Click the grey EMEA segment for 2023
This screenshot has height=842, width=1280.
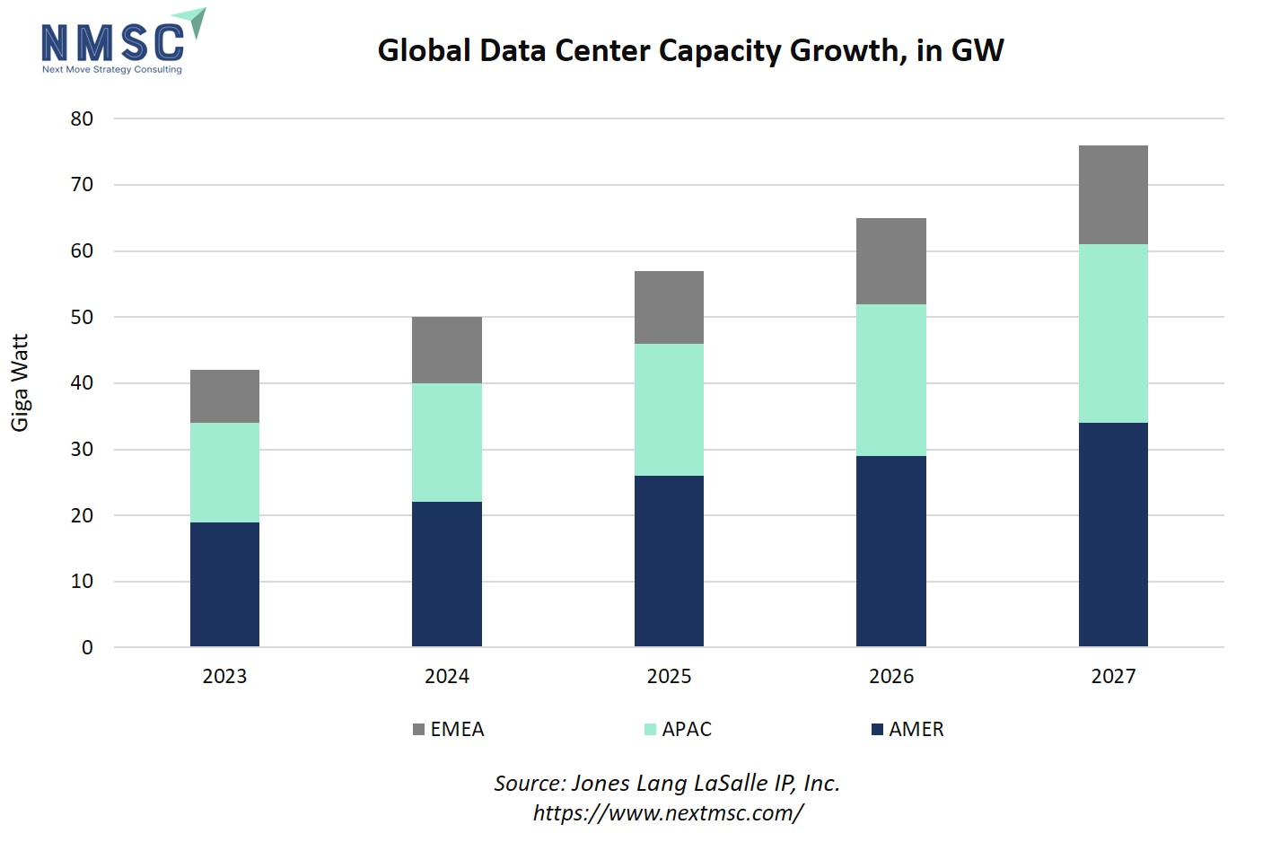click(x=224, y=396)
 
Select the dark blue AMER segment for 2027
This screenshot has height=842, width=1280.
click(x=1113, y=534)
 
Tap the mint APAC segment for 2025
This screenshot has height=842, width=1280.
click(x=669, y=409)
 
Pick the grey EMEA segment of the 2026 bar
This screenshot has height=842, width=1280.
click(x=890, y=261)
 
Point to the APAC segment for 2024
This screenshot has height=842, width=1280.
click(x=446, y=443)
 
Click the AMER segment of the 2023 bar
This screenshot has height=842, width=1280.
click(x=224, y=584)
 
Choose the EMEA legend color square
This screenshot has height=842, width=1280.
click(x=418, y=729)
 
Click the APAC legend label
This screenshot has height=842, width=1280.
click(x=687, y=729)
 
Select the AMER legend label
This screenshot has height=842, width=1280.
click(x=916, y=729)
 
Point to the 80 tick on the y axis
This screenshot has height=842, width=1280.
click(x=82, y=118)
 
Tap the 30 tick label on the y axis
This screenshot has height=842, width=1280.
click(x=82, y=449)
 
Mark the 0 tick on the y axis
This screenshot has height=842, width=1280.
click(x=87, y=647)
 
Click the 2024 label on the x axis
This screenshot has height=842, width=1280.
click(x=446, y=676)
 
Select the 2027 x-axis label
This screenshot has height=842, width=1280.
click(x=1113, y=676)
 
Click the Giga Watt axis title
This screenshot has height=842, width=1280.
click(x=20, y=382)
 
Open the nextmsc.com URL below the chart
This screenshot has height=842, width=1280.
click(x=668, y=812)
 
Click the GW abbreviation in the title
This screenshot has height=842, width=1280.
click(x=978, y=50)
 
